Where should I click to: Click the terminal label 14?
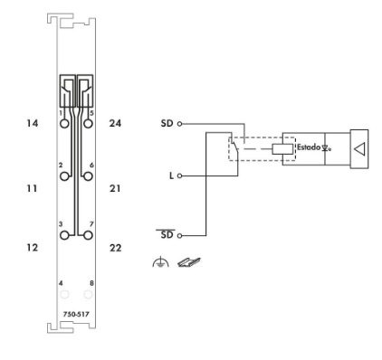[33, 123]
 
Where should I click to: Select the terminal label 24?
[115, 123]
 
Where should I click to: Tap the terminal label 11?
[32, 189]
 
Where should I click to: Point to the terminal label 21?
[115, 189]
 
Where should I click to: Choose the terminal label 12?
[33, 248]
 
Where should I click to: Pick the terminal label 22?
[115, 248]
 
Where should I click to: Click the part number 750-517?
[76, 314]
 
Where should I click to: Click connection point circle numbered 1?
[64, 124]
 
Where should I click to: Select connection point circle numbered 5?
[88, 124]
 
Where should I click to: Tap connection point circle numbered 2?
[64, 176]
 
